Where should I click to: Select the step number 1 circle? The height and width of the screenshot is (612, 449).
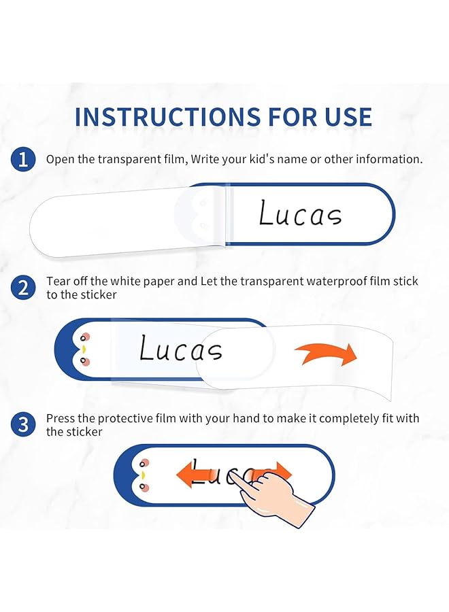click(x=23, y=159)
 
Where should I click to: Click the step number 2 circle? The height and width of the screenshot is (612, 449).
click(x=23, y=288)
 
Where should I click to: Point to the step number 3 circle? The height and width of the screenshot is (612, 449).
click(x=23, y=424)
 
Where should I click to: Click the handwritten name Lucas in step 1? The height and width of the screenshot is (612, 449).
click(x=300, y=213)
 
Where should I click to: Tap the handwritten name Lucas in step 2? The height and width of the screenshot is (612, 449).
click(x=181, y=348)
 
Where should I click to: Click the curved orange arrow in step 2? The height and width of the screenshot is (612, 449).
click(x=327, y=354)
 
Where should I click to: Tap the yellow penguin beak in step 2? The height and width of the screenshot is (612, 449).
click(x=84, y=350)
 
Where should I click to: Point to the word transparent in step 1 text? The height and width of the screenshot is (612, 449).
click(x=129, y=159)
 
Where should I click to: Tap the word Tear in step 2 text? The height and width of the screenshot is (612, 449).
click(x=55, y=281)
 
